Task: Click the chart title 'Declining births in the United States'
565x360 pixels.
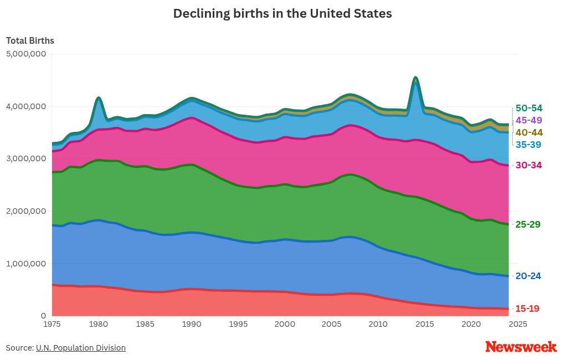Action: (282, 14)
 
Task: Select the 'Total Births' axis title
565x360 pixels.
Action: (30, 40)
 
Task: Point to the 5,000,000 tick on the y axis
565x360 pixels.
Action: (26, 54)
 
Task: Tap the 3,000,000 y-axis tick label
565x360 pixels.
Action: (26, 158)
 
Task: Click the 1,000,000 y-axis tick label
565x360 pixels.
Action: (26, 264)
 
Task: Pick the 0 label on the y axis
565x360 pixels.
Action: (43, 316)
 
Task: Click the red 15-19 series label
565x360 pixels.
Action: (527, 308)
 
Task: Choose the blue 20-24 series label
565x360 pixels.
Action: (528, 276)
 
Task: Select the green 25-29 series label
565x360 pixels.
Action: (528, 224)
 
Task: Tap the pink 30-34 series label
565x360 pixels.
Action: (528, 165)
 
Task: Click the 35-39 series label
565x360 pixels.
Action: (528, 145)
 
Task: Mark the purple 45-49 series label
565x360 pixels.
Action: (528, 120)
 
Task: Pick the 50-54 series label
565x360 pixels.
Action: (528, 108)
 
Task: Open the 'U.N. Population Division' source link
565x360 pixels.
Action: (81, 348)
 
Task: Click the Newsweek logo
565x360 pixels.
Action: (521, 347)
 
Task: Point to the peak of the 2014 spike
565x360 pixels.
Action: (415, 78)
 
